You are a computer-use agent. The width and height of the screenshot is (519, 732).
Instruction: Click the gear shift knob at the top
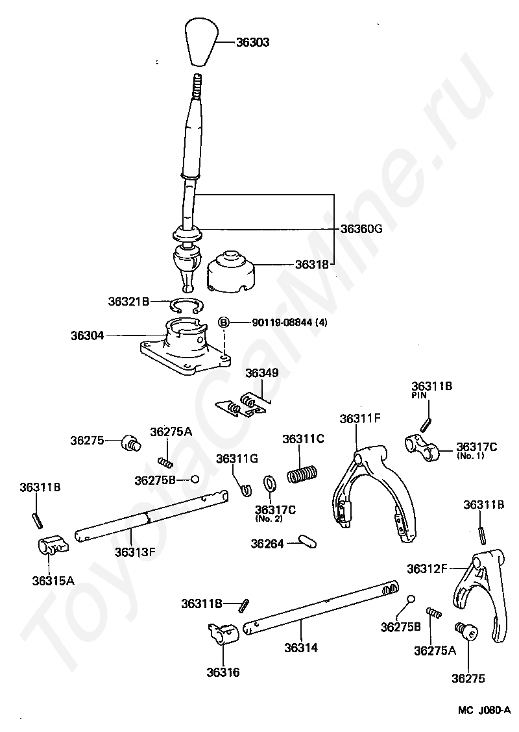tap(200, 43)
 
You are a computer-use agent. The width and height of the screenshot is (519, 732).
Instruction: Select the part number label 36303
tap(252, 42)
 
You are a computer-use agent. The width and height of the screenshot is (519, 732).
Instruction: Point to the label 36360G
tap(361, 228)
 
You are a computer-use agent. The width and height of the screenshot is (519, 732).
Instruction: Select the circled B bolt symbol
tap(223, 322)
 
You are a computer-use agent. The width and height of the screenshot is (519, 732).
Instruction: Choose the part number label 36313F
tap(135, 552)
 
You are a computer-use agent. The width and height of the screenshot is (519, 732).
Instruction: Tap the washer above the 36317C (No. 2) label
tap(269, 483)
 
